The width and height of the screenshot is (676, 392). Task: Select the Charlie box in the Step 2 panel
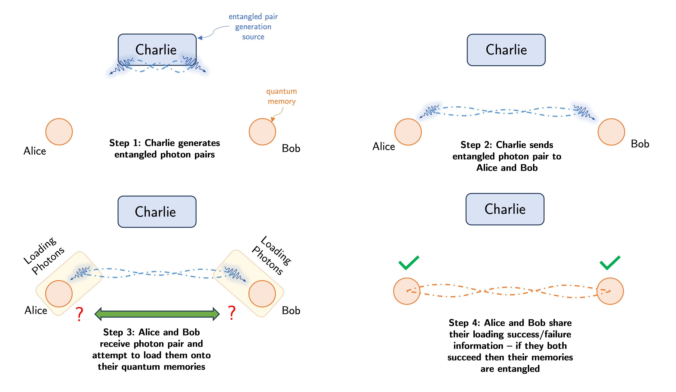click(506, 50)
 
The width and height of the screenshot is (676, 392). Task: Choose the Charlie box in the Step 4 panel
click(505, 209)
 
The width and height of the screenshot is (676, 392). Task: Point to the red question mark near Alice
click(79, 314)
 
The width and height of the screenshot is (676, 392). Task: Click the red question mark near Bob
click(232, 313)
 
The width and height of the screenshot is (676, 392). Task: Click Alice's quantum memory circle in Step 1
click(59, 132)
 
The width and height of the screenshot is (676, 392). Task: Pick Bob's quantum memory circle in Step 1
click(262, 132)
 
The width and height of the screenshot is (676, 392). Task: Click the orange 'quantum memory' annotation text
click(281, 96)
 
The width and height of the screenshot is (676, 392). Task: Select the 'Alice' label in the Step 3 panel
click(36, 310)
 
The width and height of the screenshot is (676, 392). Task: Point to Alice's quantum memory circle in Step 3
click(59, 293)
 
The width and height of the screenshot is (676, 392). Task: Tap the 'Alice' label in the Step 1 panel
click(35, 151)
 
